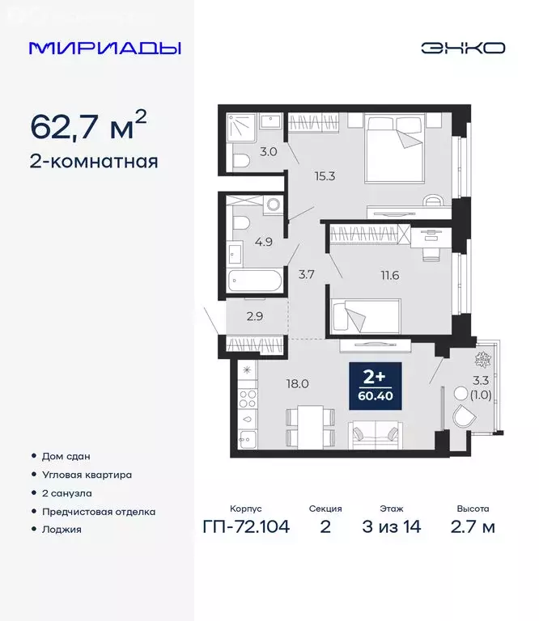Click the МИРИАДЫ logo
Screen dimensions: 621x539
pos(104,48)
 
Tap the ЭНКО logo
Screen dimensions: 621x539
pos(462,48)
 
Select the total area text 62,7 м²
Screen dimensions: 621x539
pos(88,126)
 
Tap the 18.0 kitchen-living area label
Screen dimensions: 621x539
pos(298,384)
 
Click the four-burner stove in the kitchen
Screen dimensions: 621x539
pos(247,399)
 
